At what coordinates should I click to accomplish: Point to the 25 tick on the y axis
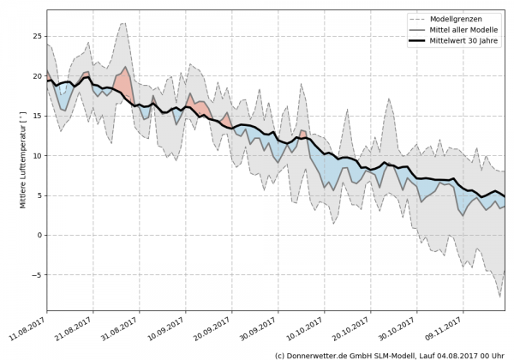point(36,37)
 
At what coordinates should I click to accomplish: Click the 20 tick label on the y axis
point(36,76)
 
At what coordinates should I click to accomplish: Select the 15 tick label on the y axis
point(36,117)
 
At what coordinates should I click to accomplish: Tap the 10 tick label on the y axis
point(36,156)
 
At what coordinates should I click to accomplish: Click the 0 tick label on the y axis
point(39,236)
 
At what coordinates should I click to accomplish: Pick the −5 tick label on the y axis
point(35,275)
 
